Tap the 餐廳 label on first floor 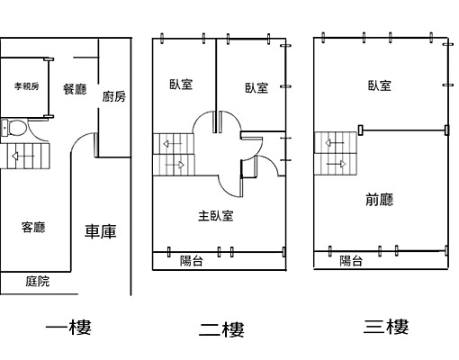click(74, 88)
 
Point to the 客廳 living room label click(33, 227)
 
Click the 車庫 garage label click(101, 232)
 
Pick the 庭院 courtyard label click(37, 282)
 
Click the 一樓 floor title click(68, 327)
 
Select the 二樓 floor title click(221, 328)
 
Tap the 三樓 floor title click(386, 326)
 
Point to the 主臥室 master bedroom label click(216, 216)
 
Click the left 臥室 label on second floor click(181, 85)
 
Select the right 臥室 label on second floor click(256, 87)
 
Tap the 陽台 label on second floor click(191, 261)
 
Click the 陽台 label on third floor click(351, 261)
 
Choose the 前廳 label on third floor click(379, 200)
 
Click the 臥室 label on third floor click(379, 85)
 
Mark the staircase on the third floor click(334, 153)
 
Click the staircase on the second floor click(173, 154)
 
